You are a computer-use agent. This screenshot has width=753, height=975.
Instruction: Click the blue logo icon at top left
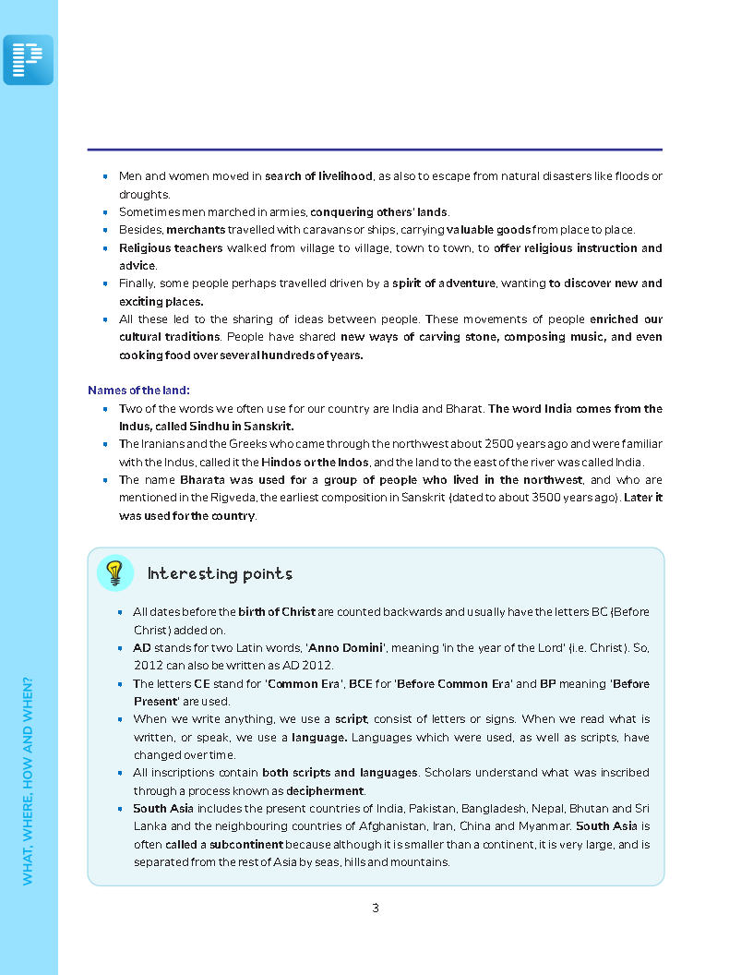pyautogui.click(x=28, y=60)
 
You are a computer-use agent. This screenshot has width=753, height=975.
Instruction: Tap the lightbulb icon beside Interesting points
pyautogui.click(x=114, y=572)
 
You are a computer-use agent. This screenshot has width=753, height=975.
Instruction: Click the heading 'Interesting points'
pyautogui.click(x=220, y=573)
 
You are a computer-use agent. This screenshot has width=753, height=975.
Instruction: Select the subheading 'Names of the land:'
pyautogui.click(x=138, y=391)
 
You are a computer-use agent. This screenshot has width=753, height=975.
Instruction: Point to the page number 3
pyautogui.click(x=376, y=908)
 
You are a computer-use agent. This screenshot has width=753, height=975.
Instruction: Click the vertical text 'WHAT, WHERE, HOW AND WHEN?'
pyautogui.click(x=28, y=781)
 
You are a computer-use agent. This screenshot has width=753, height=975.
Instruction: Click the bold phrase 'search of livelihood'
pyautogui.click(x=318, y=176)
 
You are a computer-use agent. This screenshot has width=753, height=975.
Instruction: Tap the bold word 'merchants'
pyautogui.click(x=196, y=230)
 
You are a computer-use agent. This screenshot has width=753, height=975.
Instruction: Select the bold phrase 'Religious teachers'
pyautogui.click(x=171, y=248)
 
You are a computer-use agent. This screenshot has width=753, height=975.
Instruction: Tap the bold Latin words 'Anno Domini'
pyautogui.click(x=345, y=648)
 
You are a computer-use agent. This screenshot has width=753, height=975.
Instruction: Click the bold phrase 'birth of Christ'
pyautogui.click(x=277, y=612)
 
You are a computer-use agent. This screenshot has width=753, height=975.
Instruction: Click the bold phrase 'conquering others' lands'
pyautogui.click(x=378, y=212)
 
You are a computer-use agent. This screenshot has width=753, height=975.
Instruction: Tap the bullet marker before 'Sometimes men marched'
pyautogui.click(x=106, y=212)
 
